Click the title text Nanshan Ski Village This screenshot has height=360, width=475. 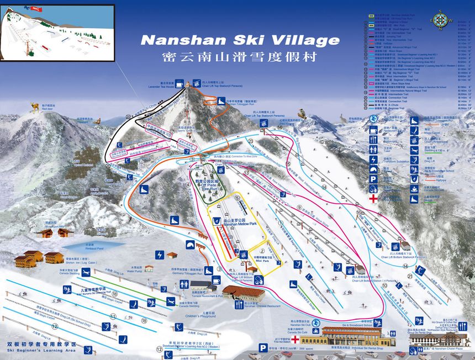click(240, 40)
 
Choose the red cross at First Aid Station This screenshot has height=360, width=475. click(295, 340)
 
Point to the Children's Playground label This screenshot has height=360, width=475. click(200, 316)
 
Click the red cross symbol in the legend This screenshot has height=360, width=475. click(374, 197)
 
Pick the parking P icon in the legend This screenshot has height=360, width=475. click(373, 179)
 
